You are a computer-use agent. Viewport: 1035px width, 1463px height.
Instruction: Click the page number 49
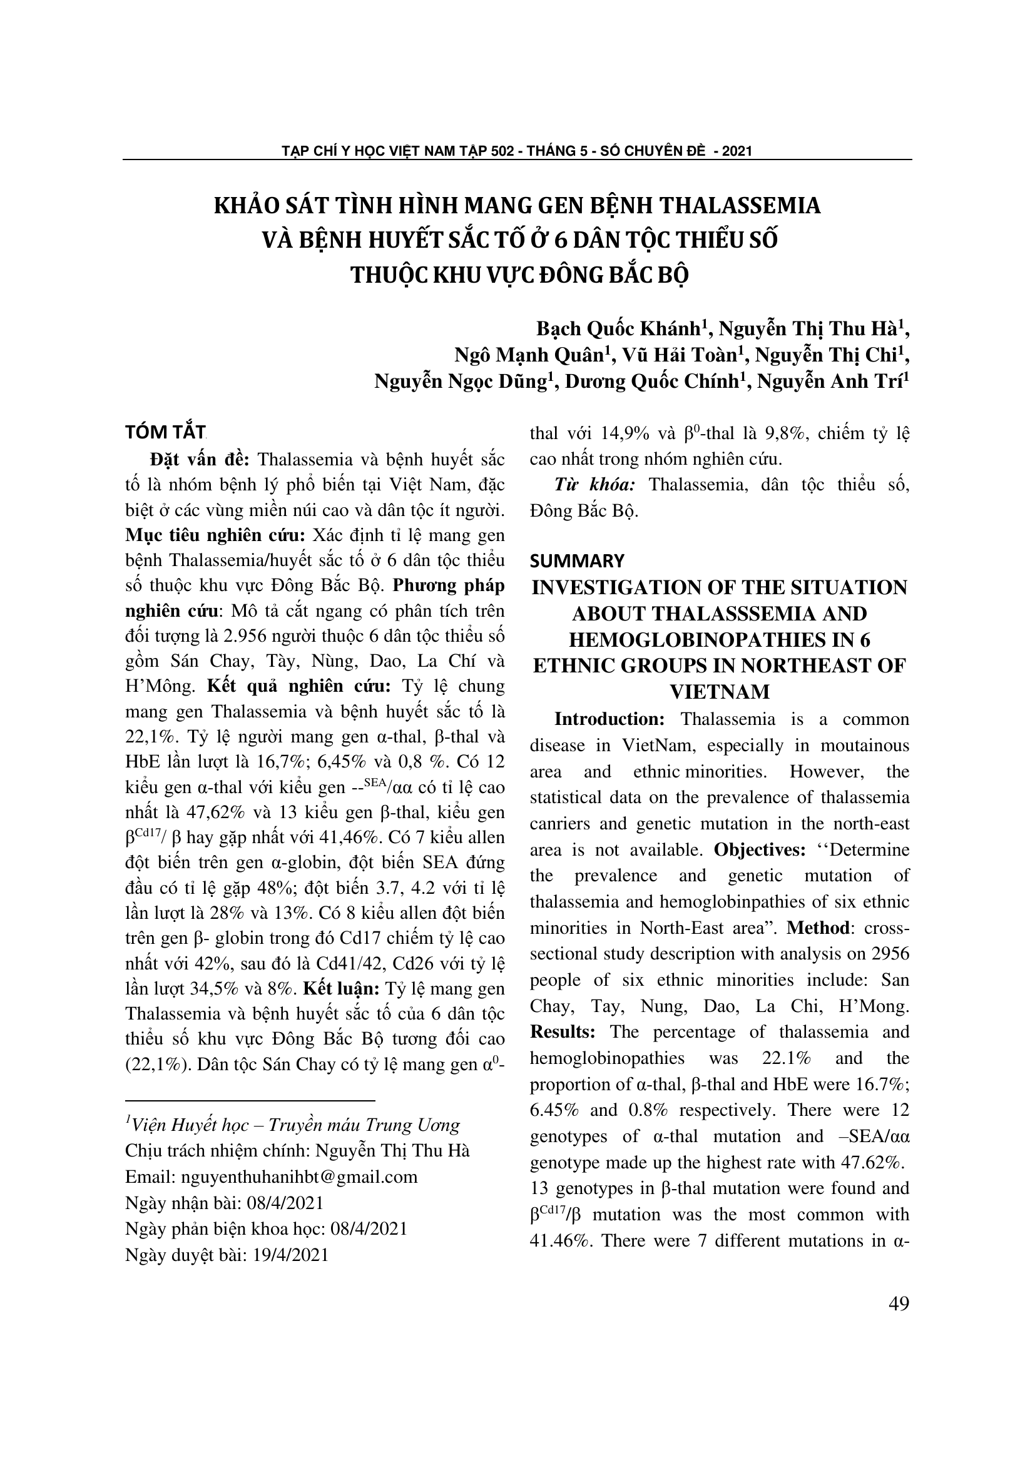point(898,1304)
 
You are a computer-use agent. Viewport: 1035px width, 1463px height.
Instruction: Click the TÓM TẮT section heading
point(165,432)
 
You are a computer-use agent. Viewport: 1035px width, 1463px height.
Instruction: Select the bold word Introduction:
point(609,719)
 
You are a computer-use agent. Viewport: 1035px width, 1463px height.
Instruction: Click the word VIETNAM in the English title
point(720,691)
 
